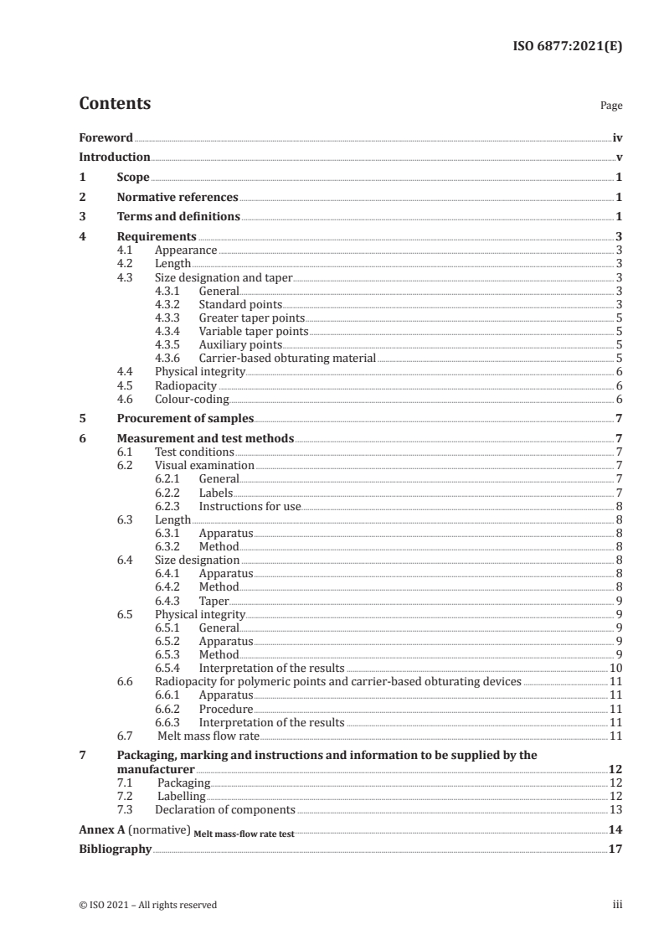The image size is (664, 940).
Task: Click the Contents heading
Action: coord(115,104)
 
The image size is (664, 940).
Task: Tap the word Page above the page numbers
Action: coord(611,106)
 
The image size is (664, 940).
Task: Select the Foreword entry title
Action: coord(106,137)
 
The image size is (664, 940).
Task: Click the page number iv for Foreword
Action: coord(617,137)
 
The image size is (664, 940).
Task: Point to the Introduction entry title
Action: coord(115,157)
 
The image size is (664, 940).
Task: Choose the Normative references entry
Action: coord(178,198)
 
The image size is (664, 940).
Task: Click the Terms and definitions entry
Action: coord(178,217)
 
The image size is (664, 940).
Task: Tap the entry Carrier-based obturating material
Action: coord(287,358)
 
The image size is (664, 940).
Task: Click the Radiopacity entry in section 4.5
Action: coord(186,385)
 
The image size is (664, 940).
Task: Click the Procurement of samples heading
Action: coord(184,418)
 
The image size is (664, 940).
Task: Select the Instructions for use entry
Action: coord(250,506)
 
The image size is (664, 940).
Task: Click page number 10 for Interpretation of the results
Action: coord(615,668)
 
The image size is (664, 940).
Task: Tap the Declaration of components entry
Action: coord(224,809)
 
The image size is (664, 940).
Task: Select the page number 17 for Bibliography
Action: coord(615,849)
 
